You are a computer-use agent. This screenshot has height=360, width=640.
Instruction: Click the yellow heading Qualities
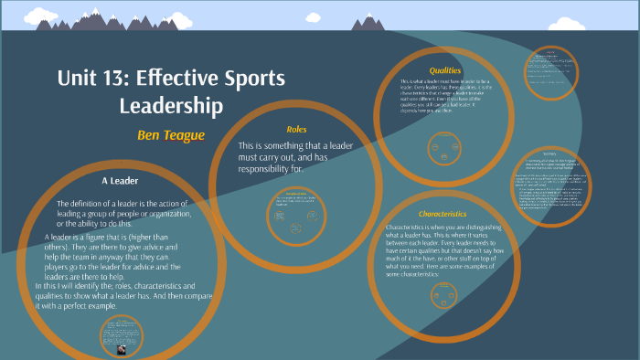coord(445,70)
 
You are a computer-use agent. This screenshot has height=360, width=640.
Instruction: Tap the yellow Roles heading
coord(296,130)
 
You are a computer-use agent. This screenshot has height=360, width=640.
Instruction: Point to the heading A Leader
coord(119,180)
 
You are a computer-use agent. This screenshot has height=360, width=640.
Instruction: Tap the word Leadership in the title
coord(171,106)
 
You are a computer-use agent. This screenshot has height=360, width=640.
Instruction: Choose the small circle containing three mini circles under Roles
coord(299,212)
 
